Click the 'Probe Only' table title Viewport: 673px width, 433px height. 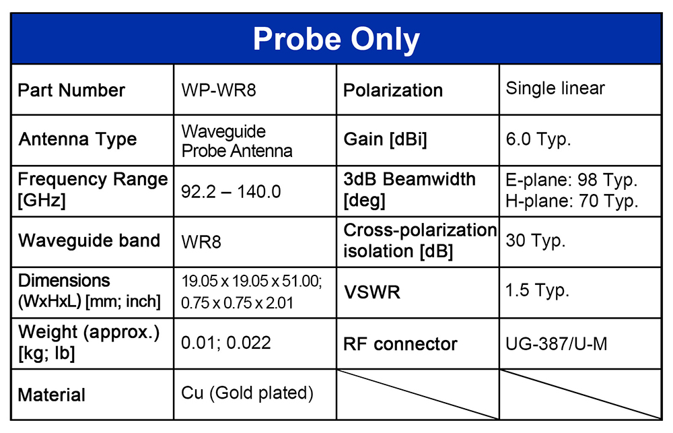tap(336, 40)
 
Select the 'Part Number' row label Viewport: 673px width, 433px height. tap(71, 90)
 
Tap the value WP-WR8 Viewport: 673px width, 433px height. tap(219, 90)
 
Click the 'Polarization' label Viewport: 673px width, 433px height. tap(393, 90)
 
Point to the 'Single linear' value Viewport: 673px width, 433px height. tap(555, 88)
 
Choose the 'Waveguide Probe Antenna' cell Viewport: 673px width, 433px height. tap(236, 141)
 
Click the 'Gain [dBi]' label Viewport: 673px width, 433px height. tap(385, 139)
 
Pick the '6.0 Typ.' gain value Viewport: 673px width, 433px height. tap(538, 139)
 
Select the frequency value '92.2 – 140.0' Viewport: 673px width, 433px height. tap(231, 192)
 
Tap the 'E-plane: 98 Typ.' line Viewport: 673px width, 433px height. tap(571, 180)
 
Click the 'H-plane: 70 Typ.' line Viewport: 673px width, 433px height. tap(571, 201)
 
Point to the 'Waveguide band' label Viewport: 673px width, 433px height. tap(89, 240)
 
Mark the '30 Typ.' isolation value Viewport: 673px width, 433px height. tap(536, 240)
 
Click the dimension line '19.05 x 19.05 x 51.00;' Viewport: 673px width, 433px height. tap(252, 281)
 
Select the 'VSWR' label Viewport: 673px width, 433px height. tap(371, 292)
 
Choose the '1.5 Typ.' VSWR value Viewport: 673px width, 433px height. tap(537, 290)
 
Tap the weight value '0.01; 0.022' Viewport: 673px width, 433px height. tap(225, 343)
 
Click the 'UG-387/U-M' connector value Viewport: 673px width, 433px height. tap(557, 343)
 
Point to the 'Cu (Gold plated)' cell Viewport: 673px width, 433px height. tap(247, 393)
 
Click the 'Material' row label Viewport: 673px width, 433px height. tap(52, 395)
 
